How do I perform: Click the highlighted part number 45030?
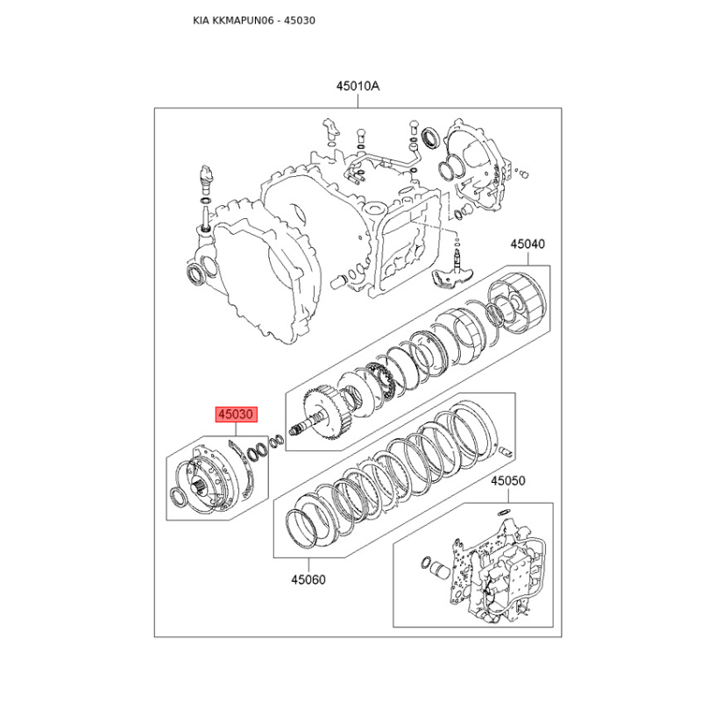[x=237, y=414]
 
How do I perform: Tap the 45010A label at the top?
[x=358, y=86]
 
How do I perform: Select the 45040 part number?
[x=528, y=244]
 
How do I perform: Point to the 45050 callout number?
[x=508, y=481]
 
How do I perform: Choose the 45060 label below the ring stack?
[x=308, y=580]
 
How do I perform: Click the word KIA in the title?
[x=201, y=20]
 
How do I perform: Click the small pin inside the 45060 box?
[x=506, y=451]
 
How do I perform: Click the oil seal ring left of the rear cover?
[x=432, y=137]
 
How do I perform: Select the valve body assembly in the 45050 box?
[x=497, y=571]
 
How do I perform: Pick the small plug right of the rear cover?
[x=523, y=173]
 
